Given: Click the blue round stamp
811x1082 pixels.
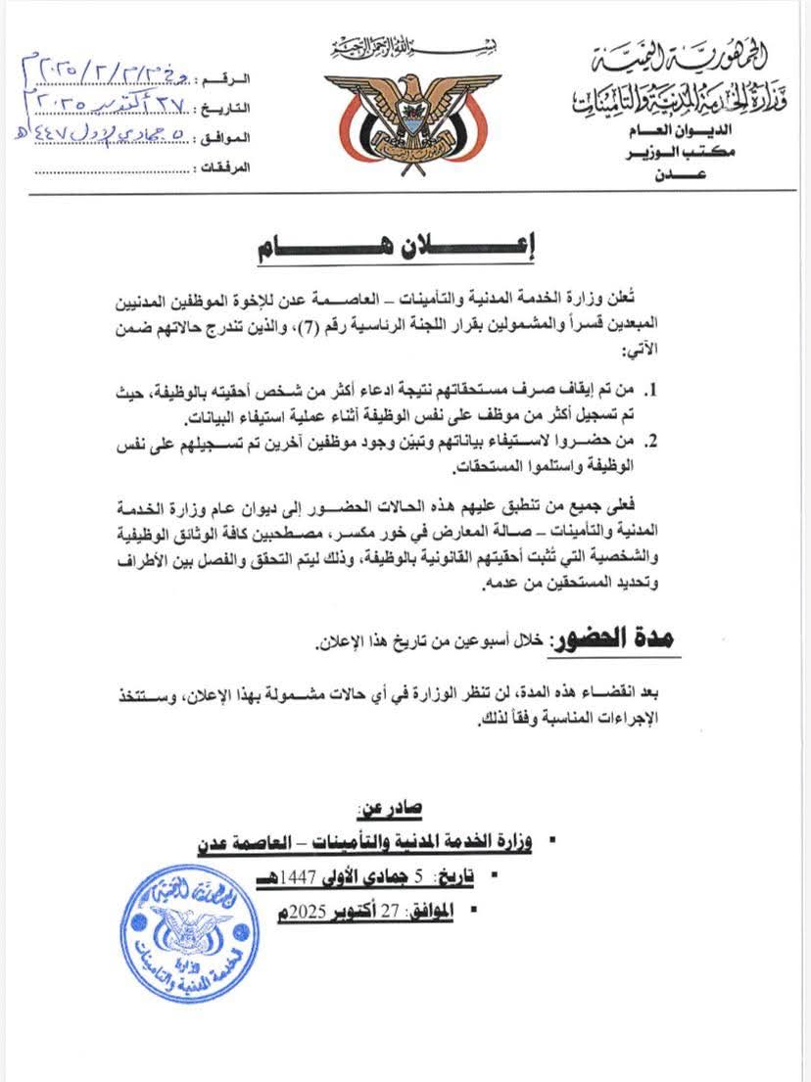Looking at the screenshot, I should coord(189,933).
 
